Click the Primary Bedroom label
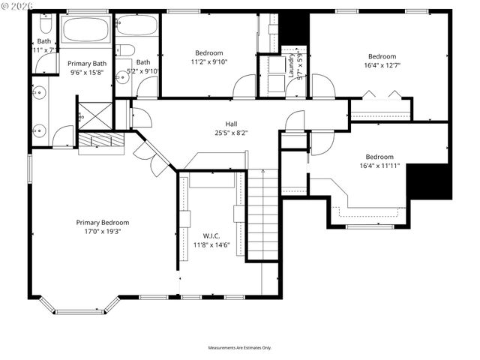[x=103, y=222]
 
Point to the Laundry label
[x=292, y=66]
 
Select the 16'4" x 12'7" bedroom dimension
[x=382, y=65]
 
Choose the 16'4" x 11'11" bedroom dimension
[x=379, y=166]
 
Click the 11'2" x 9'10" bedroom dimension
[x=209, y=62]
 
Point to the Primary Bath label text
[x=87, y=64]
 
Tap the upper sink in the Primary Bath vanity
[x=40, y=94]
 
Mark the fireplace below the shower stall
[x=100, y=141]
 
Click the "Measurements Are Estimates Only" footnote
[x=239, y=348]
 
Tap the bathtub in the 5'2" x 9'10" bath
[x=136, y=26]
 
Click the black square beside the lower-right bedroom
[x=428, y=181]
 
